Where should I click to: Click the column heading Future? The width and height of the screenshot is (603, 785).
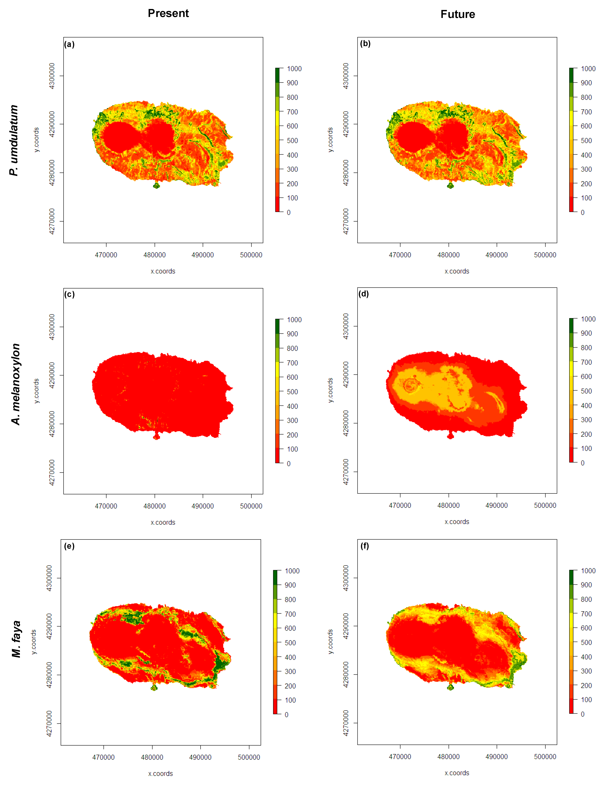[458, 14]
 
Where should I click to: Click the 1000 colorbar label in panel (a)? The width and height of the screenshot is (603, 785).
[294, 69]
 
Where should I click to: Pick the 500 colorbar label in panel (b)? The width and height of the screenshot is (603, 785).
[586, 140]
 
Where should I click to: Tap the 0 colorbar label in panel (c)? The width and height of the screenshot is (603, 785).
[289, 464]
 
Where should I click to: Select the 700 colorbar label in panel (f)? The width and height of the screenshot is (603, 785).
[586, 614]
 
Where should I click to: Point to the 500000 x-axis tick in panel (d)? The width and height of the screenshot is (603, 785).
[545, 505]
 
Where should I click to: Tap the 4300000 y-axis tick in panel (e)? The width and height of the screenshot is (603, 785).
[49, 578]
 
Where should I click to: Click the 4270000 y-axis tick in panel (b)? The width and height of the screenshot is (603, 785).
[346, 221]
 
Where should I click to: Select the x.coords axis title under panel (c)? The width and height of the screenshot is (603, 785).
[163, 522]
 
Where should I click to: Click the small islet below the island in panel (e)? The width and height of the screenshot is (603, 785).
[154, 688]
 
